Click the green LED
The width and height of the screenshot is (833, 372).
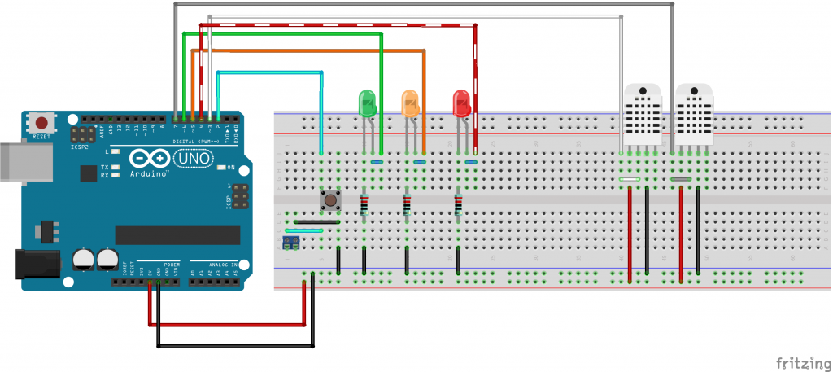pyautogui.click(x=368, y=102)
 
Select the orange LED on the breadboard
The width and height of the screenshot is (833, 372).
pyautogui.click(x=410, y=102)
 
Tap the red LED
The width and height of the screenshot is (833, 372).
pyautogui.click(x=461, y=103)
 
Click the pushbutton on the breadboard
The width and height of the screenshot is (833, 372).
pyautogui.click(x=330, y=199)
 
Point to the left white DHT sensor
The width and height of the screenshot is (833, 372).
pyautogui.click(x=643, y=114)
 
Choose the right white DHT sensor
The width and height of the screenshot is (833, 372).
pyautogui.click(x=693, y=114)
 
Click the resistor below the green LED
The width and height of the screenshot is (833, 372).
pyautogui.click(x=364, y=205)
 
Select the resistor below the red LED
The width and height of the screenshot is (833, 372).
pyautogui.click(x=459, y=205)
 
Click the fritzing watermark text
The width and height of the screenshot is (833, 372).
pyautogui.click(x=800, y=361)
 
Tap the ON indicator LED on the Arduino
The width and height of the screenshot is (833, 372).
pyautogui.click(x=221, y=168)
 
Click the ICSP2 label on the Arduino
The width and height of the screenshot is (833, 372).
pyautogui.click(x=80, y=147)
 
